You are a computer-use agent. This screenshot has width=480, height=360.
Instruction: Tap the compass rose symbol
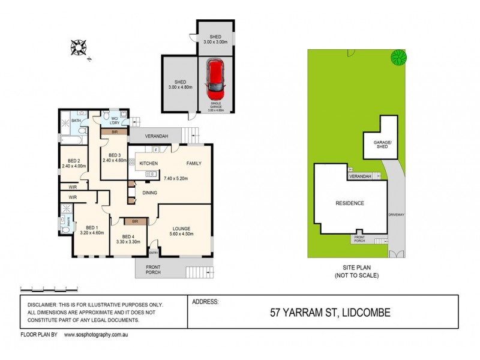79,47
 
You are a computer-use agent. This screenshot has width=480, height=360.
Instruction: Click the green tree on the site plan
398,58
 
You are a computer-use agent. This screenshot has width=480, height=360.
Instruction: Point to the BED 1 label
92,227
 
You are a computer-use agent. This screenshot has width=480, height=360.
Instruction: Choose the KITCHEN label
148,163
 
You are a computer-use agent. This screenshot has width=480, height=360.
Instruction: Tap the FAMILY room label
193,163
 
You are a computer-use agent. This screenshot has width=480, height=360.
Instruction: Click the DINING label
151,193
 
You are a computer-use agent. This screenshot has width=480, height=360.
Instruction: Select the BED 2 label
74,161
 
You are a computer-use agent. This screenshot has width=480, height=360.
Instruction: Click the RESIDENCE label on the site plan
349,203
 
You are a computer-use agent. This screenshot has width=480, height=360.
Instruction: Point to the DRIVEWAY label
397,214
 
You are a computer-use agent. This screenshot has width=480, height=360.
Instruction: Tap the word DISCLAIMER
44,306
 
